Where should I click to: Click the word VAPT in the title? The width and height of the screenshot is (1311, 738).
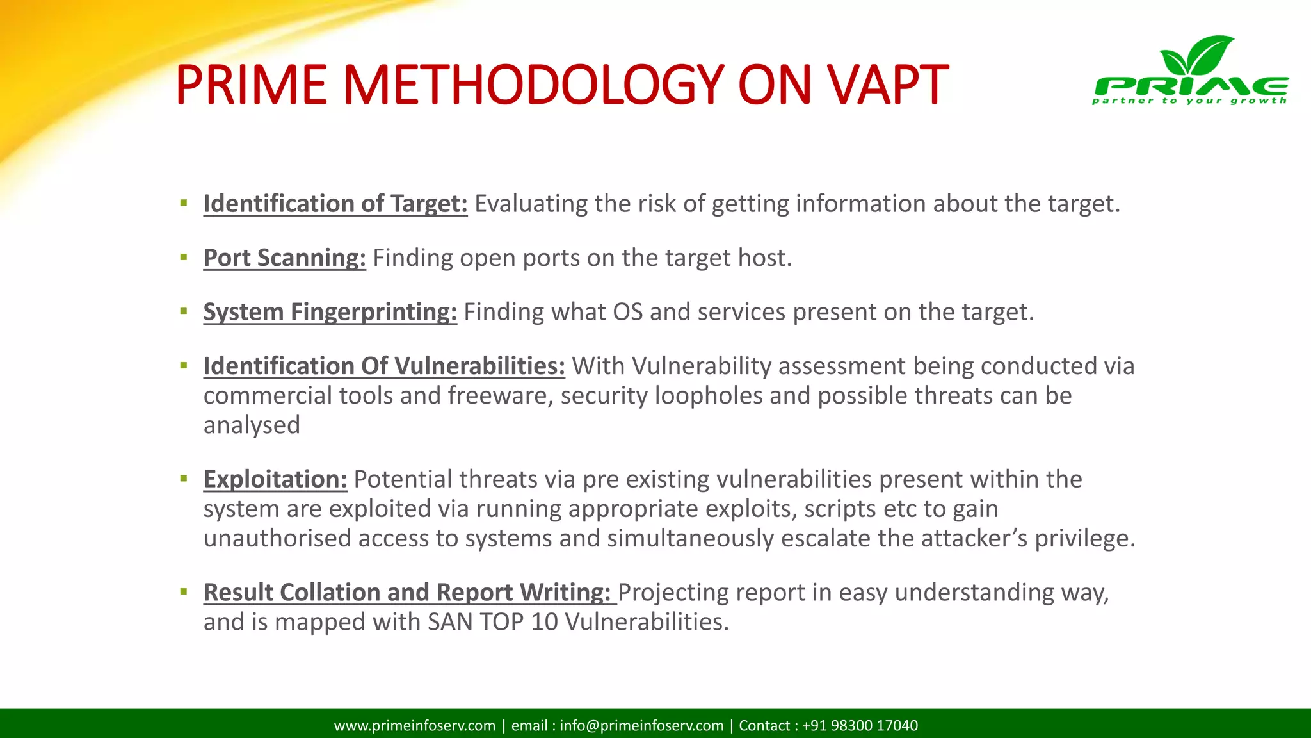click(887, 85)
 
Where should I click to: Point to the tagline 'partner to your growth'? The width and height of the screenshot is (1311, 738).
click(1189, 101)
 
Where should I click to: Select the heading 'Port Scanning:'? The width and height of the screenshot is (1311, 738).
click(284, 258)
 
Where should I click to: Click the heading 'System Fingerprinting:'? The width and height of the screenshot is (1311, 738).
click(330, 312)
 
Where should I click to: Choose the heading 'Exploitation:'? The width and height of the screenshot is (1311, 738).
click(275, 479)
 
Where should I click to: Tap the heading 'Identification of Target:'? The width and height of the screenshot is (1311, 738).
click(335, 204)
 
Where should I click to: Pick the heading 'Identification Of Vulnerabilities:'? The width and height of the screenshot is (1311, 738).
click(384, 366)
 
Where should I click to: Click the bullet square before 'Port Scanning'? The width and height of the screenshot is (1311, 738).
click(184, 258)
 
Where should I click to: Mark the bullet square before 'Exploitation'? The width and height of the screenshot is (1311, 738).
click(184, 479)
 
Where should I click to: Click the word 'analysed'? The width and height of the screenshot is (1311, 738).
click(252, 425)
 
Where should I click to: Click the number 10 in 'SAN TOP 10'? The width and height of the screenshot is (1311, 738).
click(544, 622)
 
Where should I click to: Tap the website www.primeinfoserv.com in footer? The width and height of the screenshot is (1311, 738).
click(415, 725)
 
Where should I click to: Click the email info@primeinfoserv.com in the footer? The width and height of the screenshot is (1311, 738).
click(641, 725)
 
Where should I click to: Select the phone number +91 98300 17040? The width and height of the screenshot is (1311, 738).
click(860, 725)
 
